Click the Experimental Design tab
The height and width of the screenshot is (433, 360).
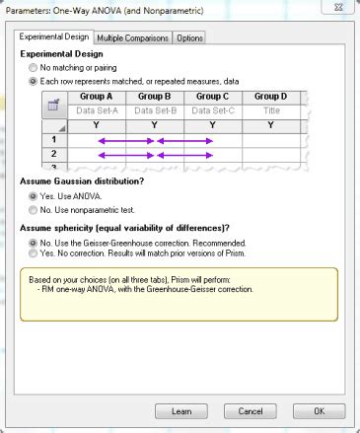pos(55,37)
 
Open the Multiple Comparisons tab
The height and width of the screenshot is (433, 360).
pos(133,38)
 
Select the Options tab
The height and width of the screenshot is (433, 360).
pos(191,38)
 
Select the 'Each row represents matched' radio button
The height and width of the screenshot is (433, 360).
pos(34,82)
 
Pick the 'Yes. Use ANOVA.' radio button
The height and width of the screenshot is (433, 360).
pos(34,196)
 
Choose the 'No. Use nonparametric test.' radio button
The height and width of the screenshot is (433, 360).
pos(34,209)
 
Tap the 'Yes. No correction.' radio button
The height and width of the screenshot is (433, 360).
pos(34,253)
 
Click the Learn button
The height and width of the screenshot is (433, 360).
pos(181,410)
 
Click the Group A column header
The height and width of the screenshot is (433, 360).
pos(96,97)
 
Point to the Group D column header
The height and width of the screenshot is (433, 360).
pos(270,97)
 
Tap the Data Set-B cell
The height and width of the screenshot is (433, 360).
pos(154,110)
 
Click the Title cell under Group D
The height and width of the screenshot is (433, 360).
pos(270,110)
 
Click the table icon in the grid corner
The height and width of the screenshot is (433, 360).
pos(56,105)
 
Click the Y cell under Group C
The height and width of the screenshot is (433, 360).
pos(212,125)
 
